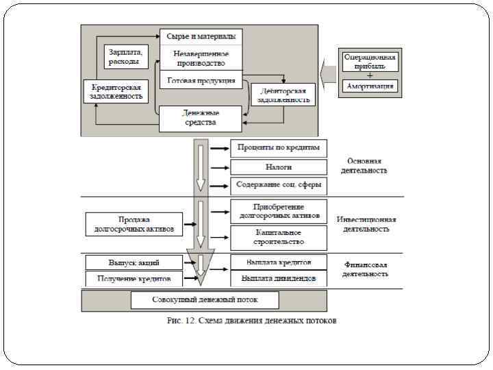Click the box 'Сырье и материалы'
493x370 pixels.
[201, 36]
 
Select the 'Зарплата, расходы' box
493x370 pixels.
[125, 57]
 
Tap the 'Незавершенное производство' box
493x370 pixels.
[201, 58]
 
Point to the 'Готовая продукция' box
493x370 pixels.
[201, 80]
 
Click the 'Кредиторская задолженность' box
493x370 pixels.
[116, 92]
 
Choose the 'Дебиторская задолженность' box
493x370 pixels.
[283, 95]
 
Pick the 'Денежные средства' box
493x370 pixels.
[200, 118]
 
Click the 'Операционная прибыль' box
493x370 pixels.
[370, 62]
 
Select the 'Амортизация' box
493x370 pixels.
[370, 87]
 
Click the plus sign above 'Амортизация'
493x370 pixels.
[370, 75]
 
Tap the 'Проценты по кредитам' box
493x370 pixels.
[279, 148]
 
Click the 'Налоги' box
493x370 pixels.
[279, 166]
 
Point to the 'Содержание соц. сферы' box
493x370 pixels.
[279, 185]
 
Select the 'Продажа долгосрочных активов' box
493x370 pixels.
[134, 224]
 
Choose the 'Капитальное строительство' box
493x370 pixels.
[279, 238]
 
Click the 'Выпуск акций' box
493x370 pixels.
[134, 262]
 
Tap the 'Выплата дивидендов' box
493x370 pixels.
[279, 279]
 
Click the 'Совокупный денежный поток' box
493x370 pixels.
[205, 299]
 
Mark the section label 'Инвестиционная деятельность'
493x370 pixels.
[366, 224]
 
